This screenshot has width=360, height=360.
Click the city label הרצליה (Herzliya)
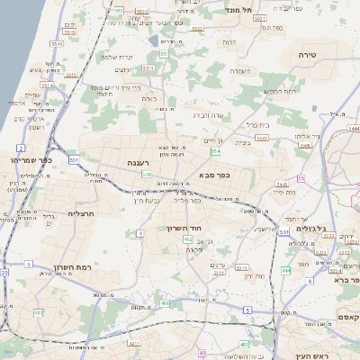click(81, 214)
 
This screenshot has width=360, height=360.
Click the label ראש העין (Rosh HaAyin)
click(312, 355)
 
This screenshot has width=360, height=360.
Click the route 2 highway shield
click(20, 147)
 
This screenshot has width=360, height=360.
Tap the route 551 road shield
click(165, 55)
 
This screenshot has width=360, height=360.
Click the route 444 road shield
click(285, 269)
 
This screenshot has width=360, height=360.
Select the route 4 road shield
click(139, 234)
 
